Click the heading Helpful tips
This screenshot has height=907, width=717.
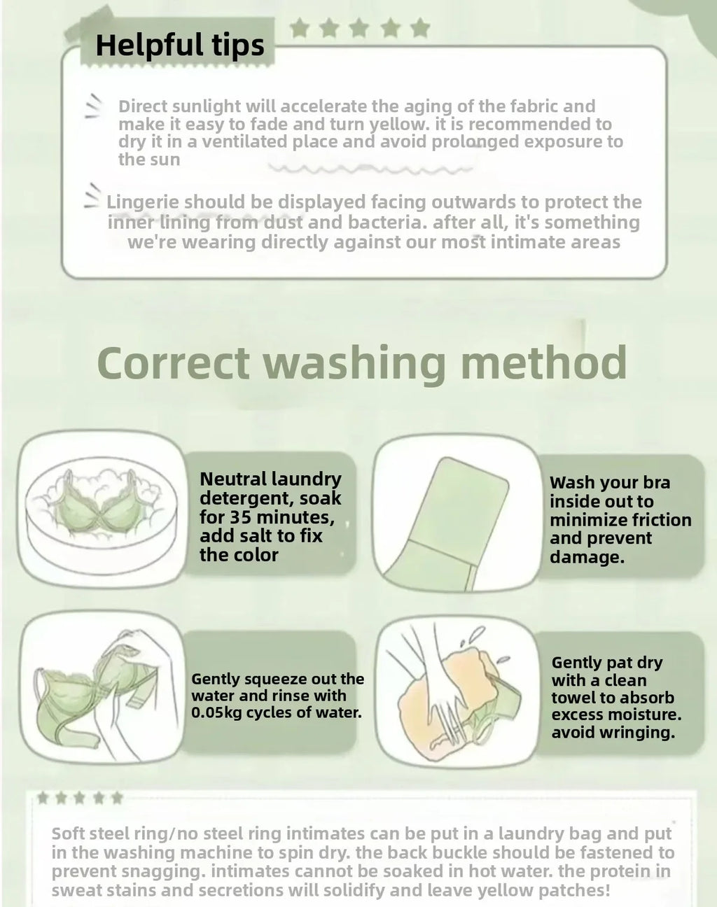pyautogui.click(x=180, y=45)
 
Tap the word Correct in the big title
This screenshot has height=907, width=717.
pyautogui.click(x=174, y=363)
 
